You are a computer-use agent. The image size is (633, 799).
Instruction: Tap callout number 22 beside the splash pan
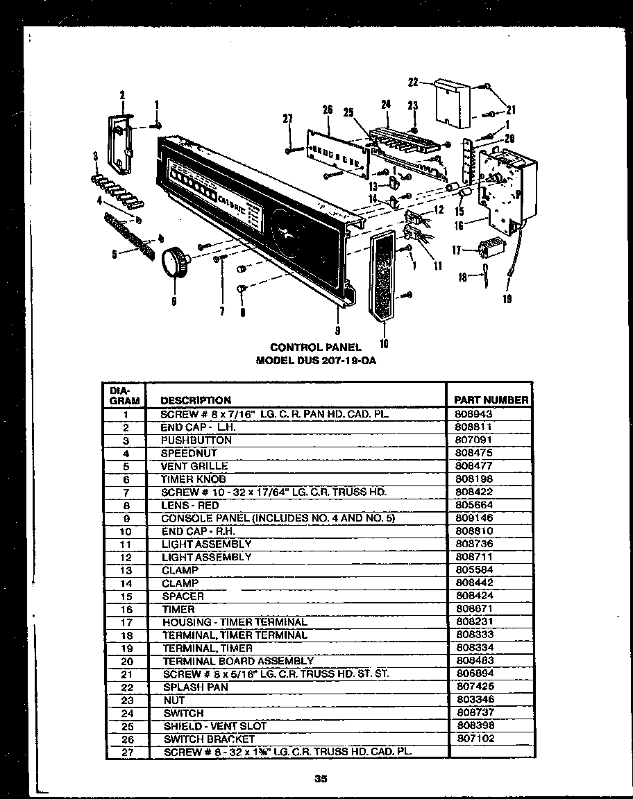412,83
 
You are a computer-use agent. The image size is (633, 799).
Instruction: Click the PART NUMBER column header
491,399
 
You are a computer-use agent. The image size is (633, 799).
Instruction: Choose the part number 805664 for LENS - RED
475,505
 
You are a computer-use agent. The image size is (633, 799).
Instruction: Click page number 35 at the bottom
320,778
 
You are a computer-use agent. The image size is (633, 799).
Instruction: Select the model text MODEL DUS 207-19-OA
316,361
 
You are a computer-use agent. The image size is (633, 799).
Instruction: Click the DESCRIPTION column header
196,400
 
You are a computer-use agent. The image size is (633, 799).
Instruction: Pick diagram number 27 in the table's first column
126,753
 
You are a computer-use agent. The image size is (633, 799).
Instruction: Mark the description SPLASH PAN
195,687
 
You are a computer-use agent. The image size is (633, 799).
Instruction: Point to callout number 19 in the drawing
507,300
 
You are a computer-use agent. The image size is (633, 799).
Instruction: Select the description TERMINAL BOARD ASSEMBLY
238,661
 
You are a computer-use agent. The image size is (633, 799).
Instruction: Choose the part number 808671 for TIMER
475,609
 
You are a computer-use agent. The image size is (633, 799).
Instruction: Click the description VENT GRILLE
194,466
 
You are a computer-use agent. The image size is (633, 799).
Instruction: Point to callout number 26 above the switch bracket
328,110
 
